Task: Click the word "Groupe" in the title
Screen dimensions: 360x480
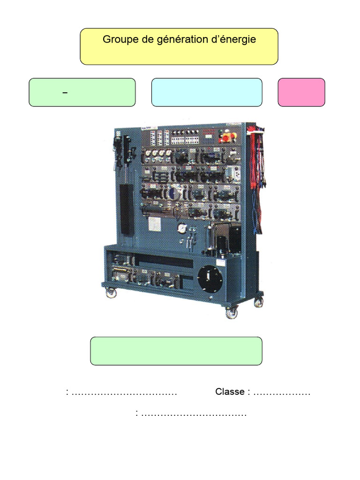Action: coord(118,39)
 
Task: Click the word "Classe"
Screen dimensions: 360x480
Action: coord(230,392)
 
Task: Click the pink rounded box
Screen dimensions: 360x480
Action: coord(301,92)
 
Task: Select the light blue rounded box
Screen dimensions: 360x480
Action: coord(207,92)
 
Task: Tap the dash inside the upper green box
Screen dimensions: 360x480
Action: coord(65,93)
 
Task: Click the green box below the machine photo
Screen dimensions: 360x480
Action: coord(176,351)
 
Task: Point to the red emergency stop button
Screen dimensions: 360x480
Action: coord(226,138)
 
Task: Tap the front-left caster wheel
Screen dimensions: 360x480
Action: coord(111,293)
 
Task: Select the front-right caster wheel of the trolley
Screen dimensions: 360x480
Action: coord(232,313)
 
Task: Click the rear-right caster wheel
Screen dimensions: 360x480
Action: coord(258,302)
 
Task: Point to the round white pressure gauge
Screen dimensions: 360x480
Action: coord(181,228)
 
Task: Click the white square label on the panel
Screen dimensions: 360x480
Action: coord(155,225)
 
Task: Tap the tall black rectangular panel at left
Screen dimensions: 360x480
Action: coord(127,209)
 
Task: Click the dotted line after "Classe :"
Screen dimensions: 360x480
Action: coord(282,392)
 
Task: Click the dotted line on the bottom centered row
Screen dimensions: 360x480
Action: coord(194,414)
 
